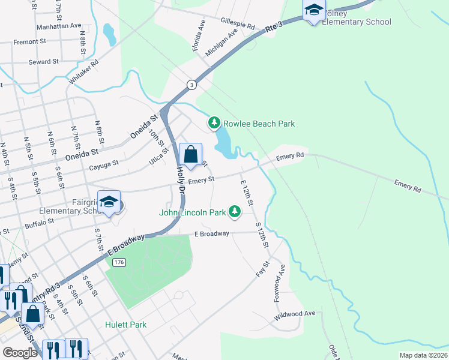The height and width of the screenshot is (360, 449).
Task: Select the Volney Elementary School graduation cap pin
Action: click(314, 10)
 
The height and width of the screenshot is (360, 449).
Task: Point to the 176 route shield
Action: click(119, 262)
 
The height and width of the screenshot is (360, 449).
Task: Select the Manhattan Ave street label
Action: click(59, 26)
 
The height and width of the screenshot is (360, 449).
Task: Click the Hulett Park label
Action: click(125, 325)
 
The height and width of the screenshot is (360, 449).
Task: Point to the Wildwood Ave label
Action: click(294, 313)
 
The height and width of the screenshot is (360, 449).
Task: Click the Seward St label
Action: click(43, 61)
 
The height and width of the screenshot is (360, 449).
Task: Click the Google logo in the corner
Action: click(20, 353)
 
